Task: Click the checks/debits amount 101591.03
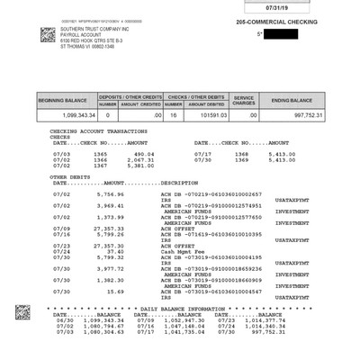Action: point(206,115)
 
